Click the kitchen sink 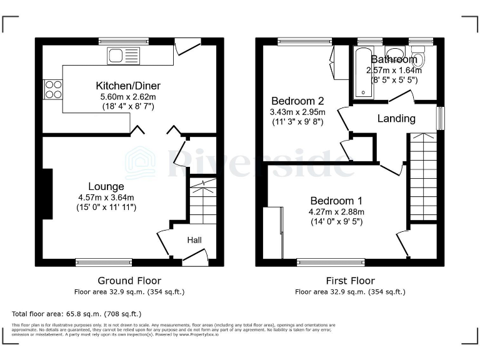click(123, 56)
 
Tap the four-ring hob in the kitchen click(52, 89)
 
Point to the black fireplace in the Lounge click(47, 194)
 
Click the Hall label click(194, 239)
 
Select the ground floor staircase click(202, 201)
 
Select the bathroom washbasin click(394, 52)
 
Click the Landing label click(396, 118)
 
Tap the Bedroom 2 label click(297, 101)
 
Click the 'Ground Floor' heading click(129, 281)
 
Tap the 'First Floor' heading click(349, 281)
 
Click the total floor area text click(77, 313)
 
